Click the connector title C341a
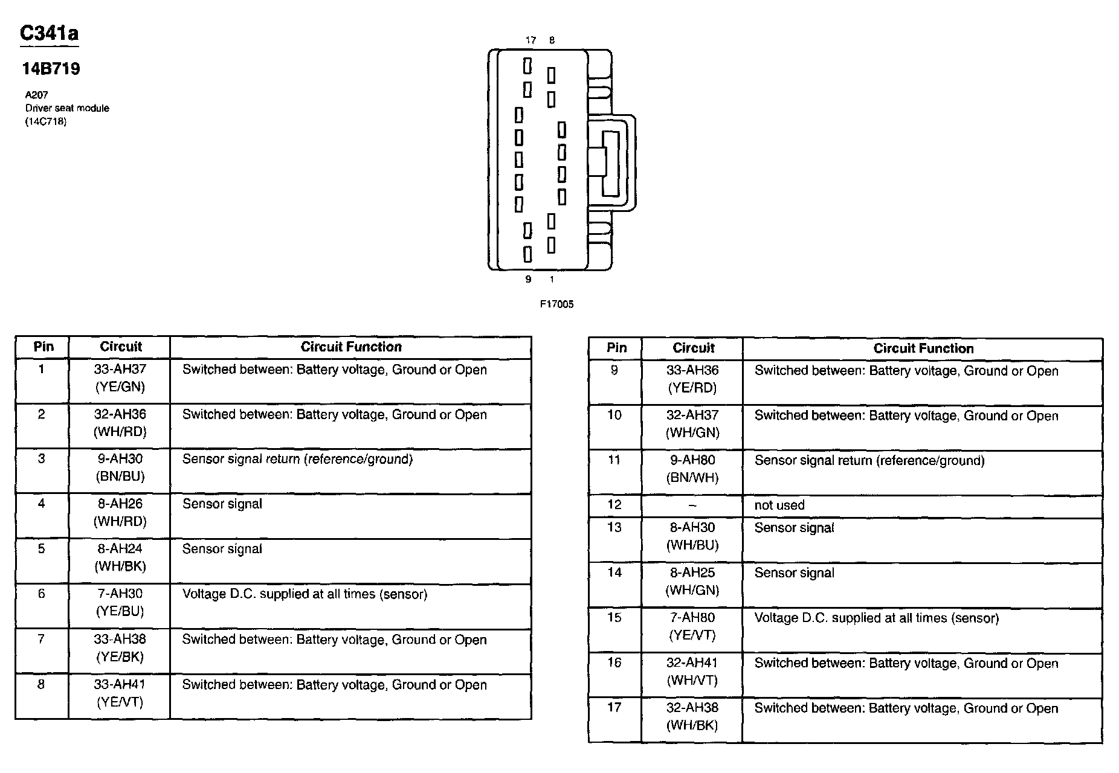[x=49, y=33]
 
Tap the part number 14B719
[x=51, y=69]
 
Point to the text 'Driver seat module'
[x=67, y=108]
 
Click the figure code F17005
[x=556, y=304]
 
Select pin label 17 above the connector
[x=530, y=40]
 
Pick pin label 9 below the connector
[x=528, y=279]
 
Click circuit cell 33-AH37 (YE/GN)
[x=120, y=378]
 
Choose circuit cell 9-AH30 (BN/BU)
[x=120, y=467]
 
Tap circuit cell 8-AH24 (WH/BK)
[x=120, y=557]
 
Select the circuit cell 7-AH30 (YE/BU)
[x=120, y=602]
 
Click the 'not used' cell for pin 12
[x=779, y=505]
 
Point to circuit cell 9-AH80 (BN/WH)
[x=692, y=469]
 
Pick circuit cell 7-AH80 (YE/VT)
[x=692, y=626]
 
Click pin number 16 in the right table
[x=614, y=662]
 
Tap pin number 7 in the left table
[x=41, y=639]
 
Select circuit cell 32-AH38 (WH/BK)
[x=692, y=716]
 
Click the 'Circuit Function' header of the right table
[x=923, y=348]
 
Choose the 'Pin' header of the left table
[x=43, y=347]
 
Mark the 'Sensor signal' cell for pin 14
[x=794, y=573]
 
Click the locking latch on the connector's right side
[x=611, y=163]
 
